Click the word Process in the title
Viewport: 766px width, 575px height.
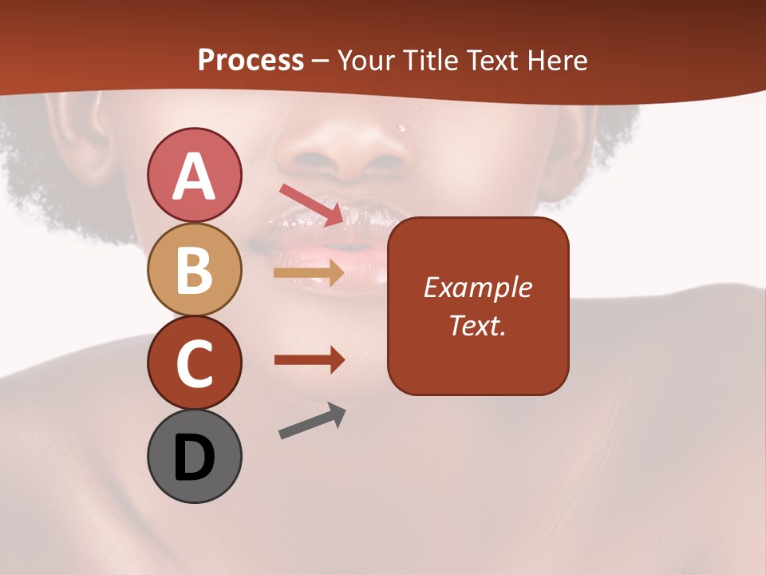[x=251, y=60]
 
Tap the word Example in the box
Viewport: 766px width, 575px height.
[x=478, y=287]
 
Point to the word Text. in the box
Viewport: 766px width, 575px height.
[x=478, y=325]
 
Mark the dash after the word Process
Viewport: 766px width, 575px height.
[x=321, y=61]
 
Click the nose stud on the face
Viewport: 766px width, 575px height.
[x=402, y=128]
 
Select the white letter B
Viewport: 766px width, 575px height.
[x=194, y=270]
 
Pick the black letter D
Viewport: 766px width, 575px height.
[x=194, y=457]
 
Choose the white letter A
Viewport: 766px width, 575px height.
[x=194, y=176]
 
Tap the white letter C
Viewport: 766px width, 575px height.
[x=194, y=363]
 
